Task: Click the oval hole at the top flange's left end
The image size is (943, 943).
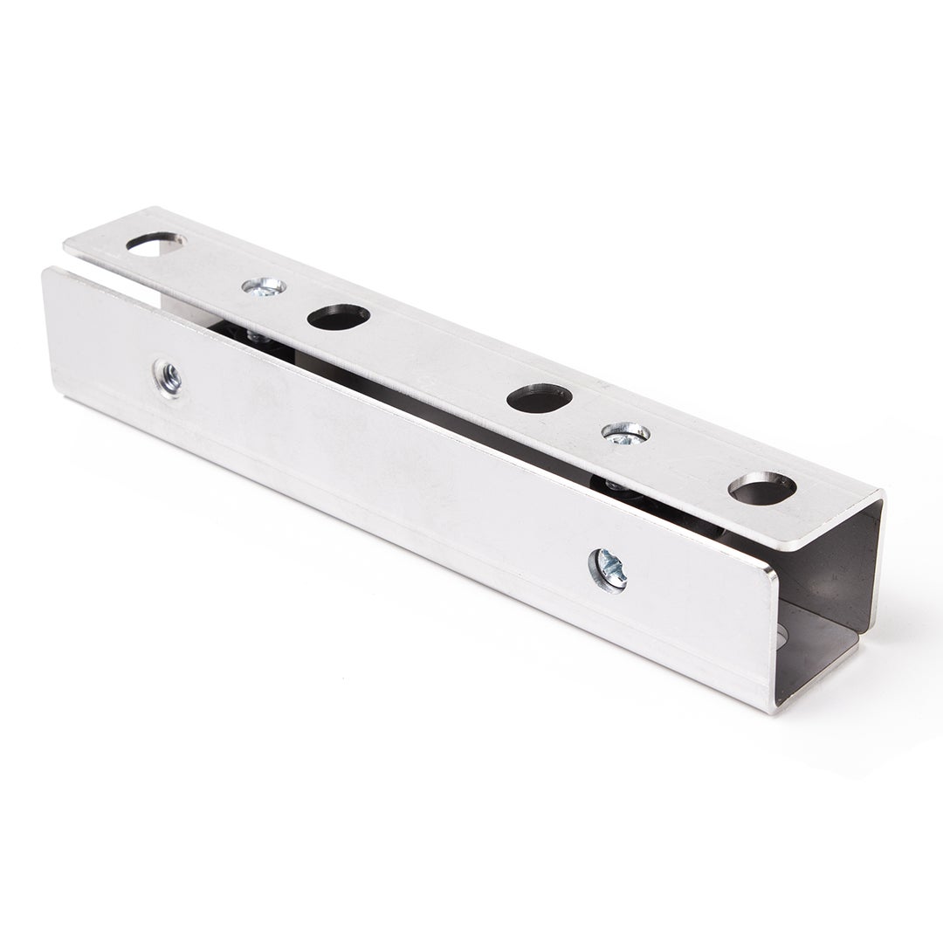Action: pyautogui.click(x=155, y=243)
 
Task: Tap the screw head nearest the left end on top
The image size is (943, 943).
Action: pyautogui.click(x=264, y=286)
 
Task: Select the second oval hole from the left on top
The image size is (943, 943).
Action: pyautogui.click(x=338, y=316)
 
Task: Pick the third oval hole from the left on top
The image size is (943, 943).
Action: pyautogui.click(x=539, y=398)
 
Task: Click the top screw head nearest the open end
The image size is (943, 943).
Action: pyautogui.click(x=625, y=433)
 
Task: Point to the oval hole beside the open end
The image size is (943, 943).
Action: pyautogui.click(x=761, y=488)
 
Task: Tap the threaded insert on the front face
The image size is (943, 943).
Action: pyautogui.click(x=168, y=378)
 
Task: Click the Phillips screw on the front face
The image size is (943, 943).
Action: pyautogui.click(x=609, y=570)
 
